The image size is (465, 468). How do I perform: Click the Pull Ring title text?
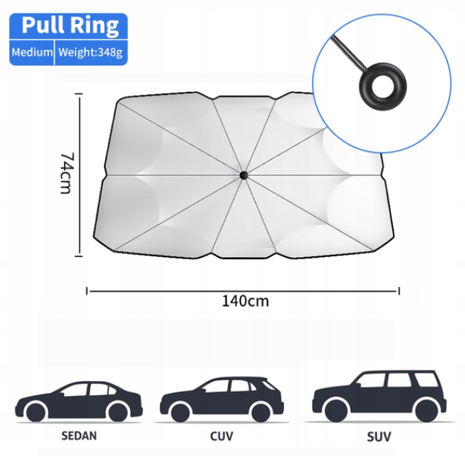[69, 26]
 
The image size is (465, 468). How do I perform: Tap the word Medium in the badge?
[32, 52]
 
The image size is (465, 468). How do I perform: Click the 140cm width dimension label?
[245, 300]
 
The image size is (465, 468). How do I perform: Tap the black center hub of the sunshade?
[243, 175]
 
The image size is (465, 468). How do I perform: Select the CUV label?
[221, 434]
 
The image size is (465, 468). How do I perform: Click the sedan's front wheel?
[35, 412]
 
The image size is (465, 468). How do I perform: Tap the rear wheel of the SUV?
[427, 410]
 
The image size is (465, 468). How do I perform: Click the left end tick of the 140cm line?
[87, 290]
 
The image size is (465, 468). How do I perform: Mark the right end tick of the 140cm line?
[399, 290]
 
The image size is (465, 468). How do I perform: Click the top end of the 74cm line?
[80, 98]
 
